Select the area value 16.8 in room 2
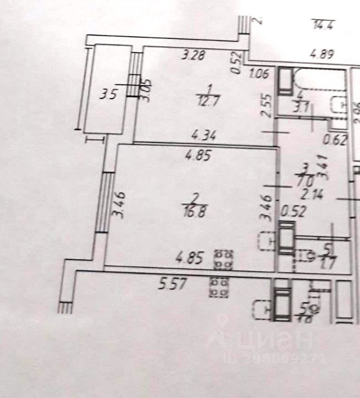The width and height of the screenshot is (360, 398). click(195, 209)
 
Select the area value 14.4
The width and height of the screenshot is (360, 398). click(322, 24)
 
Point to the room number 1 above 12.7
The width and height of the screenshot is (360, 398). click(209, 89)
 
